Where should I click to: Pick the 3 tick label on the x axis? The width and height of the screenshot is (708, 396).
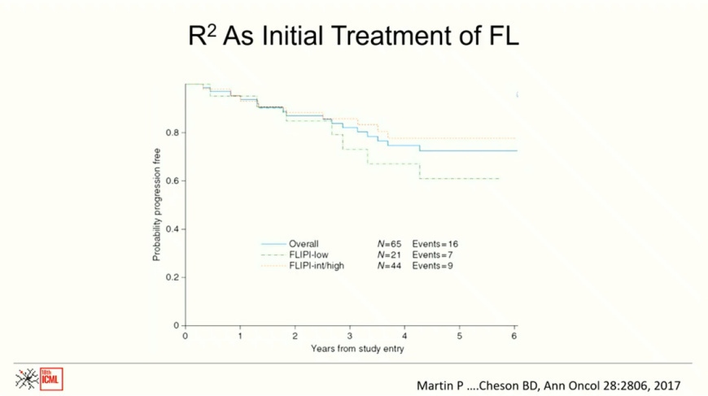click(x=350, y=335)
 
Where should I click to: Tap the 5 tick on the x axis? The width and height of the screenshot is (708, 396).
click(x=460, y=335)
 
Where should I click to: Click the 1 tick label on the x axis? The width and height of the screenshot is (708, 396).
click(x=240, y=335)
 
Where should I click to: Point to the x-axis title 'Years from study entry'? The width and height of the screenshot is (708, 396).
click(x=356, y=349)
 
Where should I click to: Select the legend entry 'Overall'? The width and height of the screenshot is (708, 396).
click(x=304, y=244)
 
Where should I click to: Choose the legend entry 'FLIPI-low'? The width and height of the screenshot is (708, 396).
click(x=308, y=255)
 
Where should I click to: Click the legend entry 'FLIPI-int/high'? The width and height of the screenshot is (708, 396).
click(x=317, y=266)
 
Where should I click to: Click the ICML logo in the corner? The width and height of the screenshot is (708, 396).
click(x=39, y=379)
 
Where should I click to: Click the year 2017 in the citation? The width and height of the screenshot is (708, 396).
click(x=664, y=385)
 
